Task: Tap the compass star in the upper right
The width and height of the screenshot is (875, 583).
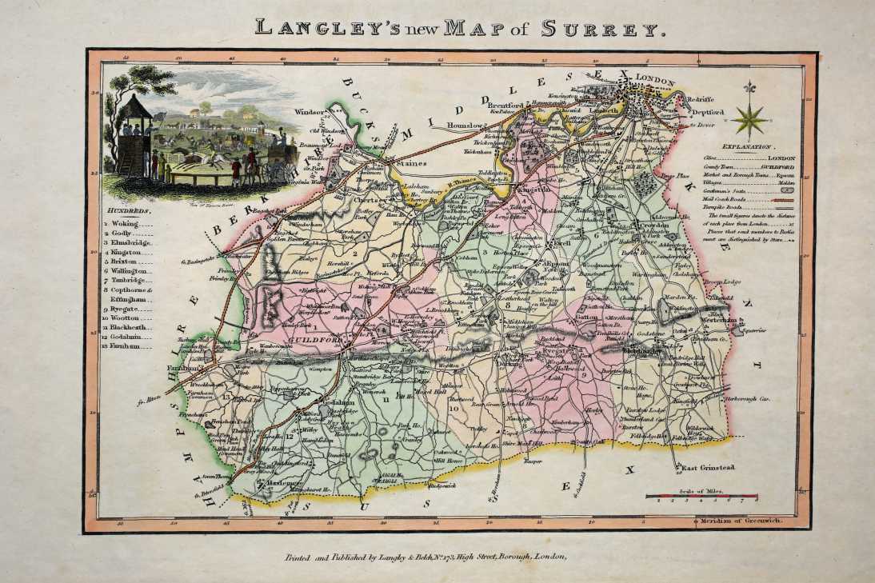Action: pos(750,119)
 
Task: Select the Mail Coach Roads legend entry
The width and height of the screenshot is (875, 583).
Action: pos(739,199)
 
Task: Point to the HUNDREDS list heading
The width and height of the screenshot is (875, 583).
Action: pos(127,210)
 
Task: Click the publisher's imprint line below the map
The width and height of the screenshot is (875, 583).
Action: pos(425,557)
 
